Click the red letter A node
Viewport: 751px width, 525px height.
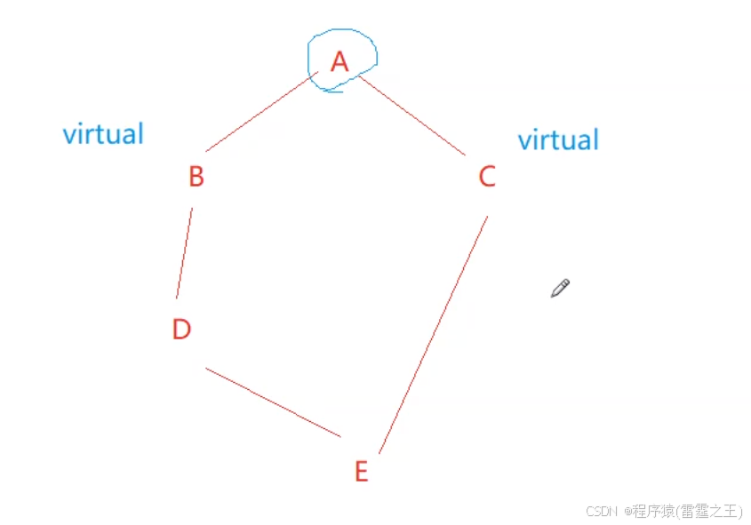click(339, 62)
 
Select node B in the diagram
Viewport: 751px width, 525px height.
click(196, 177)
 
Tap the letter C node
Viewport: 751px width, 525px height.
click(486, 177)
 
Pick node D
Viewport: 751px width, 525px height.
click(181, 330)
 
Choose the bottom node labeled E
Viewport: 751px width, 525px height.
click(361, 472)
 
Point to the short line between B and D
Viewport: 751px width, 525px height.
click(184, 253)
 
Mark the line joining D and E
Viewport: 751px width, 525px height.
click(273, 402)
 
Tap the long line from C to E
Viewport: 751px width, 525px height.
click(433, 333)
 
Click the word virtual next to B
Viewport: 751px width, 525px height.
click(103, 134)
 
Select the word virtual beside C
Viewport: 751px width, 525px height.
click(558, 140)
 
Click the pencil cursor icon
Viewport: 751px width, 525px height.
click(559, 288)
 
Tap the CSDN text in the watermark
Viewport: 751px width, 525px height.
click(602, 511)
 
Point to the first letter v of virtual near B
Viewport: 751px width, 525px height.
click(68, 136)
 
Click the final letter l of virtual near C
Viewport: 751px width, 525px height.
click(595, 139)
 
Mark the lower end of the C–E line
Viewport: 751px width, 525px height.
click(379, 452)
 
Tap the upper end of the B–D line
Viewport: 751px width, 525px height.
click(192, 211)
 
